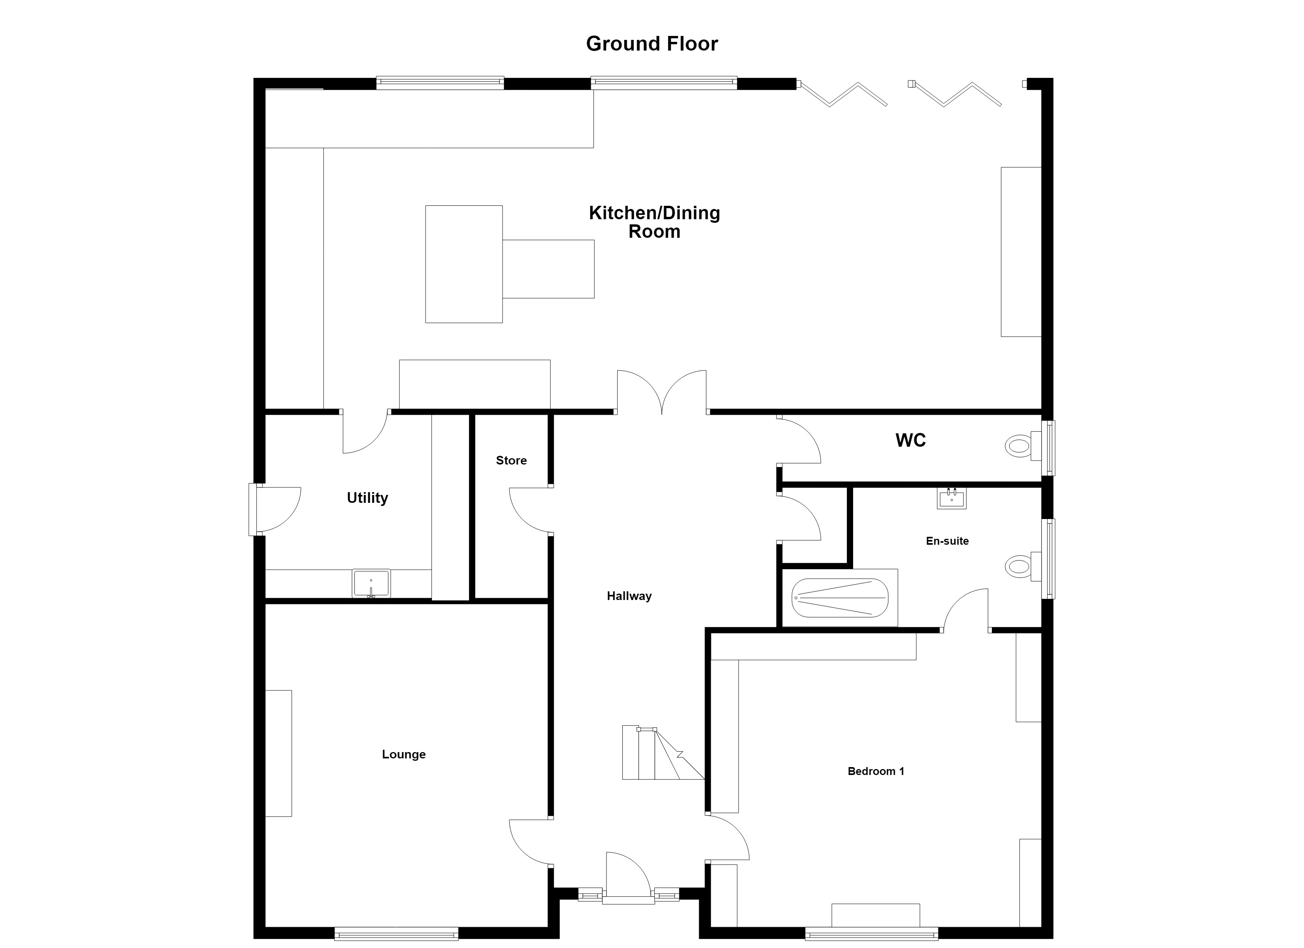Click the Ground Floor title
point(652,44)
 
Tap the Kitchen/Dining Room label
point(654,222)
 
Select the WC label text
point(911,440)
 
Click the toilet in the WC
point(1023,446)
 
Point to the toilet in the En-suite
point(1023,566)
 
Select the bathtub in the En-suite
point(839,598)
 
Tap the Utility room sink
point(371,583)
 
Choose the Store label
point(511,461)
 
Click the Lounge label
point(403,754)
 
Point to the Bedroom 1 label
point(876,771)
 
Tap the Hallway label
point(629,596)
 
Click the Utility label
point(367,498)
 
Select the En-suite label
point(947,541)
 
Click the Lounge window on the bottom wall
point(396,934)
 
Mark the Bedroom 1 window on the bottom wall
point(872,934)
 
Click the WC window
point(1049,448)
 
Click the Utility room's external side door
point(275,510)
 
